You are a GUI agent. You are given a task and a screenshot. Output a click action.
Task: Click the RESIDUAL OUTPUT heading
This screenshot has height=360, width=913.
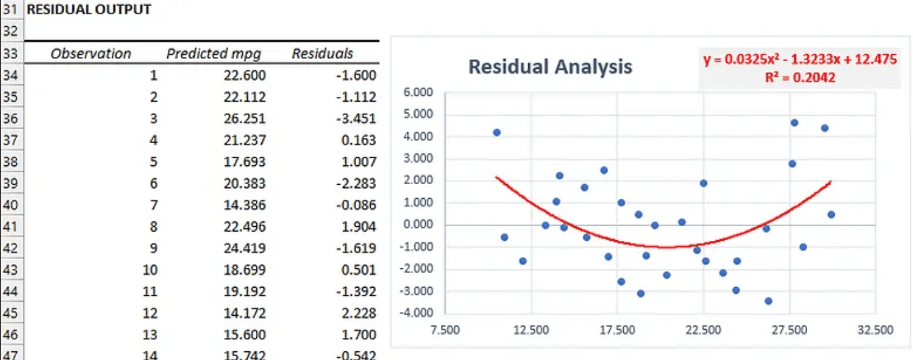(x=88, y=9)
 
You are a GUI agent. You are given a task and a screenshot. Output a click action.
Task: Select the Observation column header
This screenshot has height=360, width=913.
(x=91, y=54)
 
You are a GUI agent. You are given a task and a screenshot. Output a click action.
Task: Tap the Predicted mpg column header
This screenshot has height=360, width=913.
(x=214, y=54)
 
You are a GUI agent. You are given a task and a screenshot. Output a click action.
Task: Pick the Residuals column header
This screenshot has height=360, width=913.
(x=322, y=54)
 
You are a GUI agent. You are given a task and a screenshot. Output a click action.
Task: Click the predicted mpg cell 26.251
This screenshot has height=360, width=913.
(x=244, y=118)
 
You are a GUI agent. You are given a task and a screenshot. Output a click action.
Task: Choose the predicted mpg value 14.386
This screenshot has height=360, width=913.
(x=244, y=205)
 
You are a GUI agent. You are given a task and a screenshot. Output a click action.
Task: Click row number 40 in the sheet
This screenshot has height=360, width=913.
(x=10, y=205)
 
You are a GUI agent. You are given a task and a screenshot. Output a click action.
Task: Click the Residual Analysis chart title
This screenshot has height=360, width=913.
(x=550, y=67)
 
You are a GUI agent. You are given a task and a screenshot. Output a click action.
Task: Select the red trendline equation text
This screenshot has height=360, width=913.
(x=800, y=60)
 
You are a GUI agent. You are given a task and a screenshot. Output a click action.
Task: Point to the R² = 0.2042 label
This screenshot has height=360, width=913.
(x=800, y=78)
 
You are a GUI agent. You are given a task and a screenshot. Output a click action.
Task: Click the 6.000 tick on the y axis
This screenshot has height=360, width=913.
(x=419, y=92)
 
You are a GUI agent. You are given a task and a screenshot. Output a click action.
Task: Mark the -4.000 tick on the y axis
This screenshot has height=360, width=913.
(x=418, y=313)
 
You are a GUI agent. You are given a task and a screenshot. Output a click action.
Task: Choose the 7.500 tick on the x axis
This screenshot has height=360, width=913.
(x=445, y=330)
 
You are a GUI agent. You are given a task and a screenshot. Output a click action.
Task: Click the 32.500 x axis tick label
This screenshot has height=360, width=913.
(x=875, y=330)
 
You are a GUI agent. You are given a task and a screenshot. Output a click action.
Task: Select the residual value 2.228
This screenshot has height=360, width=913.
(x=358, y=313)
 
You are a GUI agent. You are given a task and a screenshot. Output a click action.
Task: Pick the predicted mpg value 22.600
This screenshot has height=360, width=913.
(x=244, y=76)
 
